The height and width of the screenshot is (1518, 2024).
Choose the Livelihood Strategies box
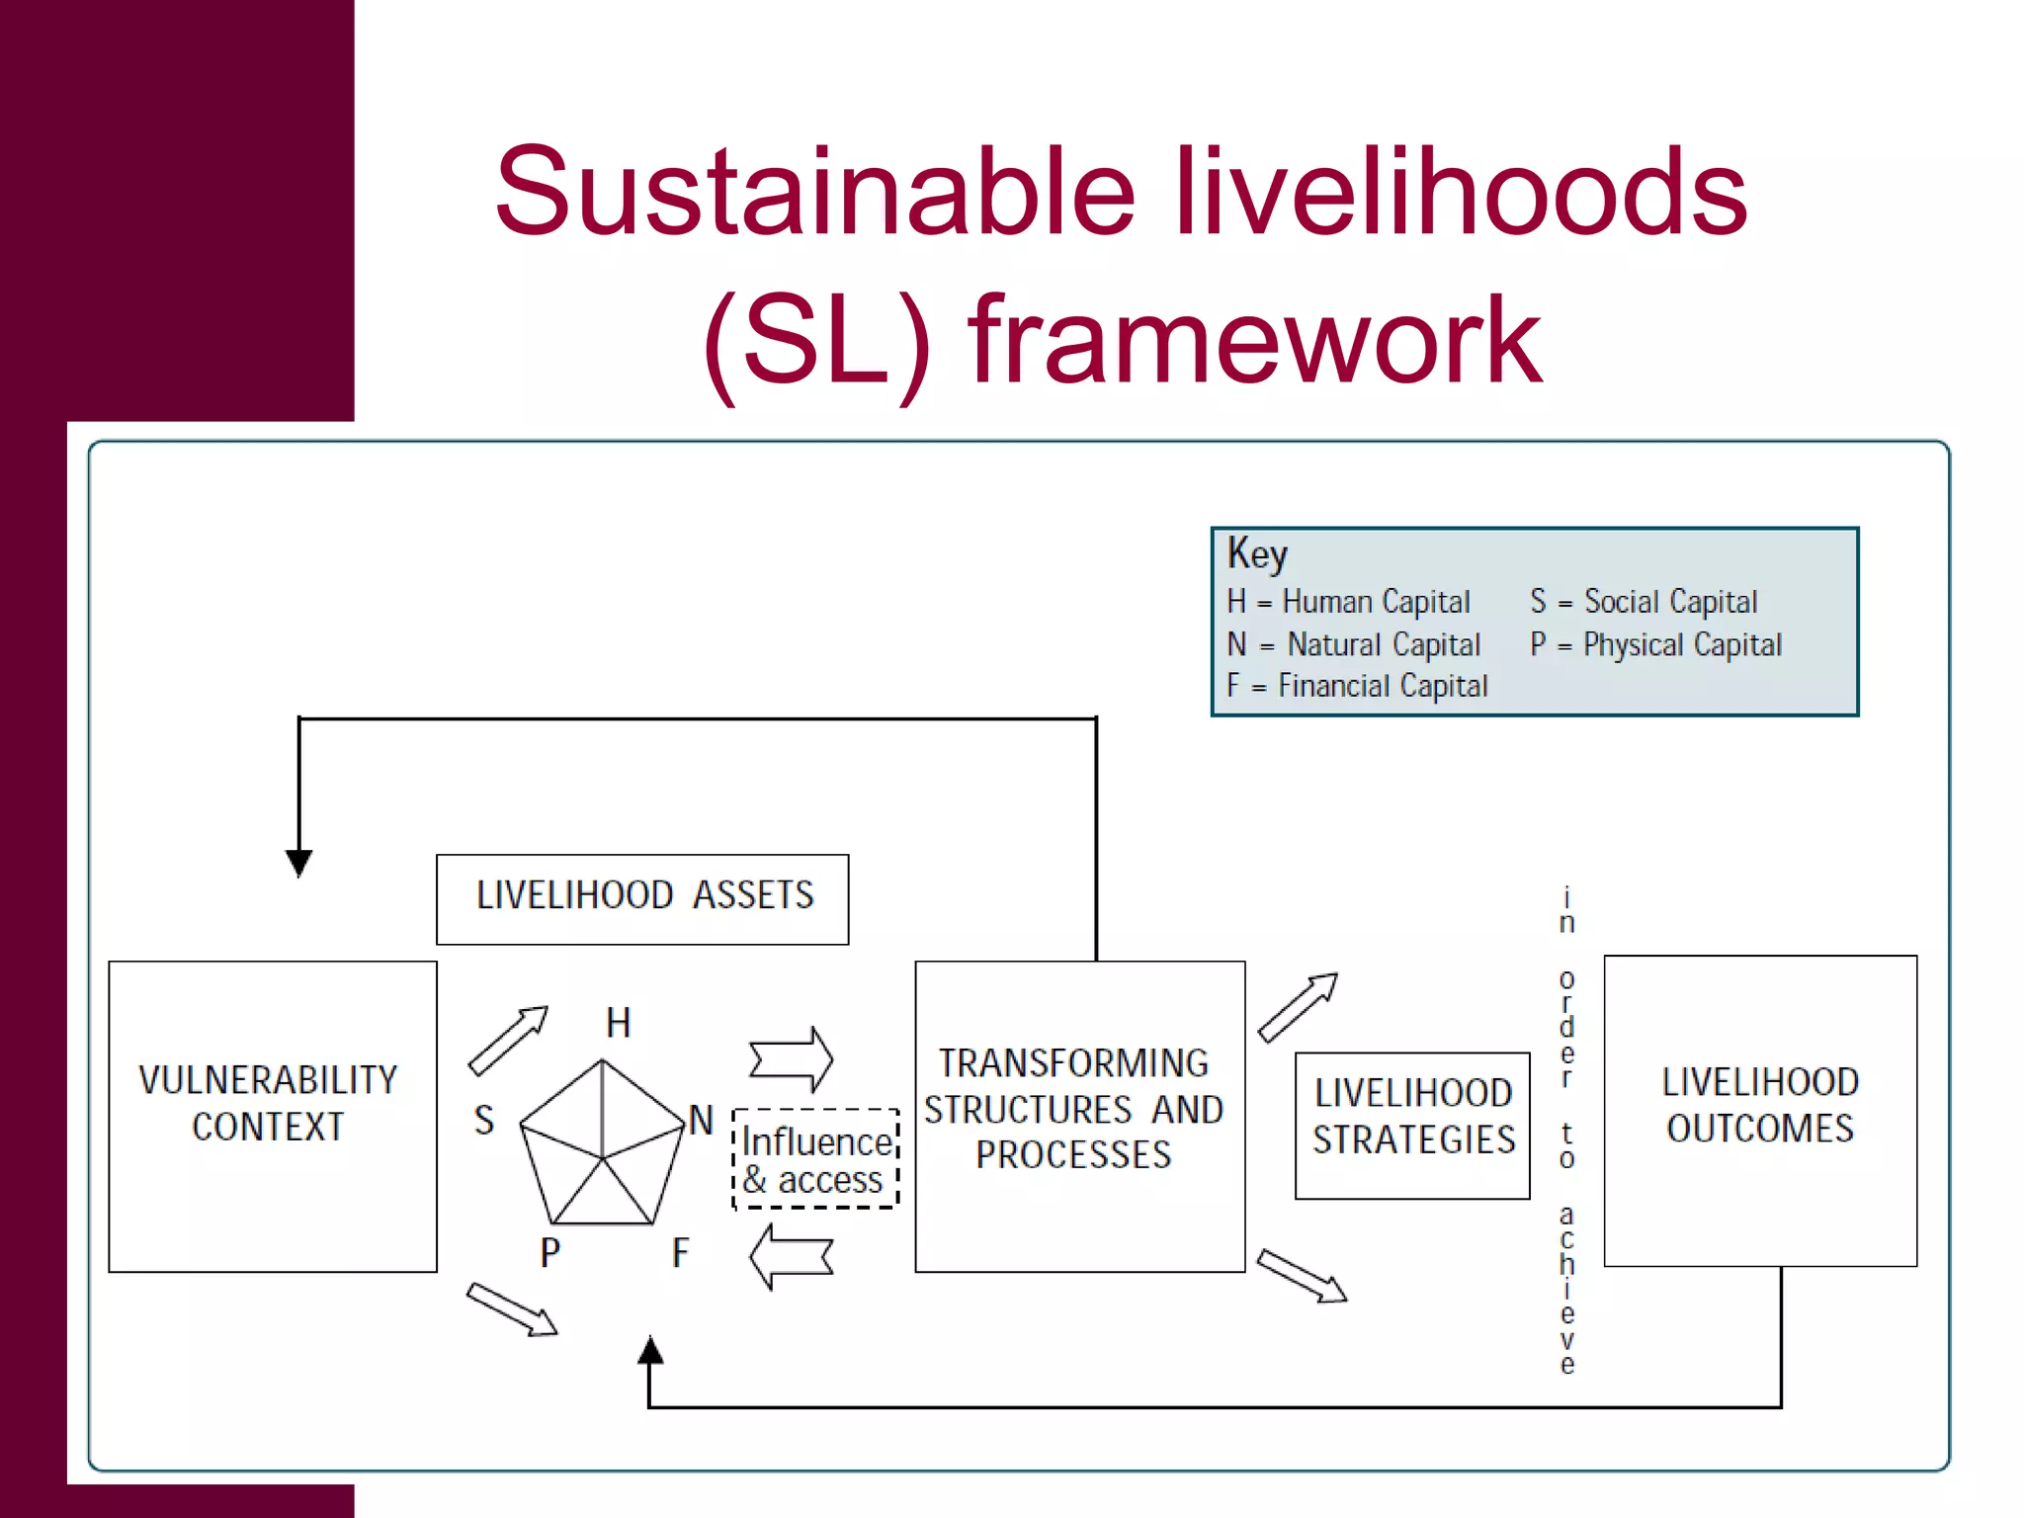(1412, 1125)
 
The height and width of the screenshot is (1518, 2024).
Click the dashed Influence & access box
(816, 1158)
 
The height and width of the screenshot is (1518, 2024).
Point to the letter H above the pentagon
(619, 1023)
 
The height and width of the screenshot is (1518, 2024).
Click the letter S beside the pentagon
(483, 1120)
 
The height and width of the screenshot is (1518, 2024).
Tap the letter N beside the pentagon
(701, 1120)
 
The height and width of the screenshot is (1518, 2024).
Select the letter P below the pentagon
(550, 1252)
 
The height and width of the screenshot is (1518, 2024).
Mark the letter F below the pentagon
(680, 1252)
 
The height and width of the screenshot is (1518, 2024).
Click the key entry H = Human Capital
(1348, 601)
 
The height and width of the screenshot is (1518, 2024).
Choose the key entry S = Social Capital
(1644, 601)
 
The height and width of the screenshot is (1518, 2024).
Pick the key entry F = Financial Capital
(1357, 685)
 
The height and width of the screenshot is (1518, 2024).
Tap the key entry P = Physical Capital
(1655, 644)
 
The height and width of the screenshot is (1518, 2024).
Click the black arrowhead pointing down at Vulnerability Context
(299, 862)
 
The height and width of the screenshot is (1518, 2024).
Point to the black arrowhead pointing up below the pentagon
(649, 1350)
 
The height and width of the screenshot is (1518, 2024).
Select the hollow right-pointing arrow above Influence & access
(791, 1059)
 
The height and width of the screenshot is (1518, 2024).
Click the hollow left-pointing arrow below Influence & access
(791, 1257)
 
